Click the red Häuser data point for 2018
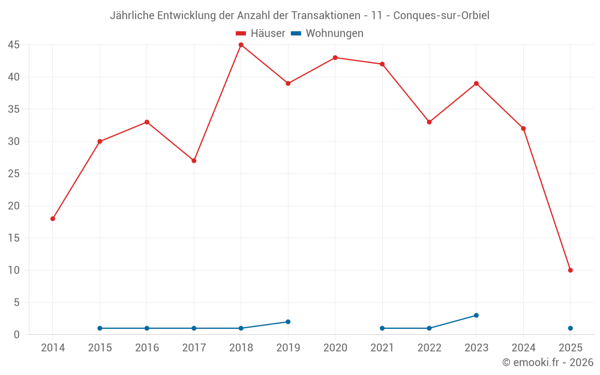click(x=241, y=45)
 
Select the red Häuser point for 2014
click(x=53, y=218)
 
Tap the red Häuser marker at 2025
click(x=570, y=270)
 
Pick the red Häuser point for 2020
click(x=335, y=58)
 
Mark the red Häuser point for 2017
click(x=194, y=161)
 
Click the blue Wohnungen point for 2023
click(x=476, y=315)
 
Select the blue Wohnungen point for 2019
click(x=288, y=322)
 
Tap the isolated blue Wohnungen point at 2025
click(x=570, y=328)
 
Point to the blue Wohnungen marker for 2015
click(x=100, y=328)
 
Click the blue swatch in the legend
click(x=296, y=34)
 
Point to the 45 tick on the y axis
click(x=14, y=45)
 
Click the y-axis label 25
click(x=14, y=174)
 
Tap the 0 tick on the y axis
click(x=17, y=335)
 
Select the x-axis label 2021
click(x=382, y=348)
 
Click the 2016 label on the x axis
click(x=147, y=348)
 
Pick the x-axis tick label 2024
click(x=523, y=348)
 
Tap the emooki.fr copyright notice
click(x=547, y=362)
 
